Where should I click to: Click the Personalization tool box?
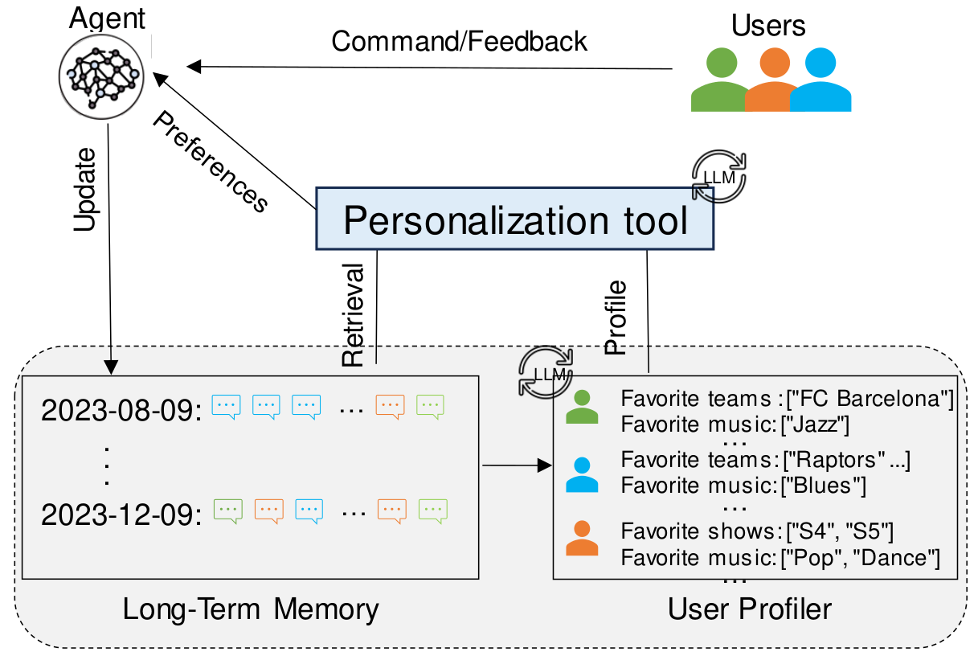pyautogui.click(x=514, y=219)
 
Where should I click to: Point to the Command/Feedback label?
pyautogui.click(x=460, y=41)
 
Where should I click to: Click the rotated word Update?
pyautogui.click(x=86, y=190)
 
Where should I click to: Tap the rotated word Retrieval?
pyautogui.click(x=354, y=314)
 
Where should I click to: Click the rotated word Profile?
pyautogui.click(x=616, y=318)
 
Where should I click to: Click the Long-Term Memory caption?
pyautogui.click(x=250, y=609)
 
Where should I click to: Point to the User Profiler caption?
pyautogui.click(x=750, y=609)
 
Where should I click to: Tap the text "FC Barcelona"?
pyautogui.click(x=871, y=398)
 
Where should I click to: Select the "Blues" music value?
pyautogui.click(x=828, y=486)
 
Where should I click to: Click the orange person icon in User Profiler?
pyautogui.click(x=582, y=539)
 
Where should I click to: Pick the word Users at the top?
pyautogui.click(x=769, y=26)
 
